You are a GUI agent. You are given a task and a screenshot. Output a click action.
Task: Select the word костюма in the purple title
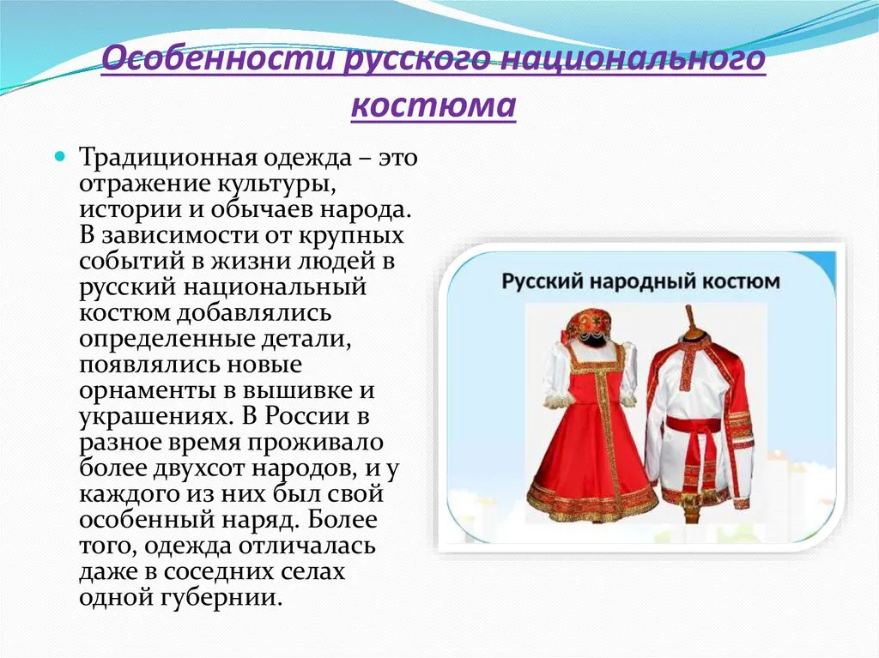pyautogui.click(x=433, y=105)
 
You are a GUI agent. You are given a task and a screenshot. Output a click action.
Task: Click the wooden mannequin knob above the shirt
pyautogui.click(x=689, y=321)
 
